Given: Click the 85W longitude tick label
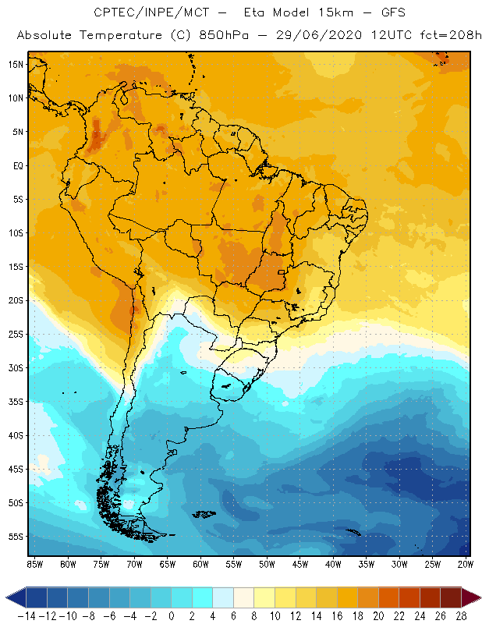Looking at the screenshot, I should point(35,563).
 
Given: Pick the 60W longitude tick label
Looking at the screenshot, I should point(201,563).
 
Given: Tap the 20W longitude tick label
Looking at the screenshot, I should point(466,563).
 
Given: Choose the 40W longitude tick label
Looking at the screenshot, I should point(334,563).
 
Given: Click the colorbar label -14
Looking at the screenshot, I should point(26,616).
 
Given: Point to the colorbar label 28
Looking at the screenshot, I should point(461,616).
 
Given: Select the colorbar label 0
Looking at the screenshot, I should point(171,616).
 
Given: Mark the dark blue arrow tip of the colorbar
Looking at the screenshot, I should point(12,597).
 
